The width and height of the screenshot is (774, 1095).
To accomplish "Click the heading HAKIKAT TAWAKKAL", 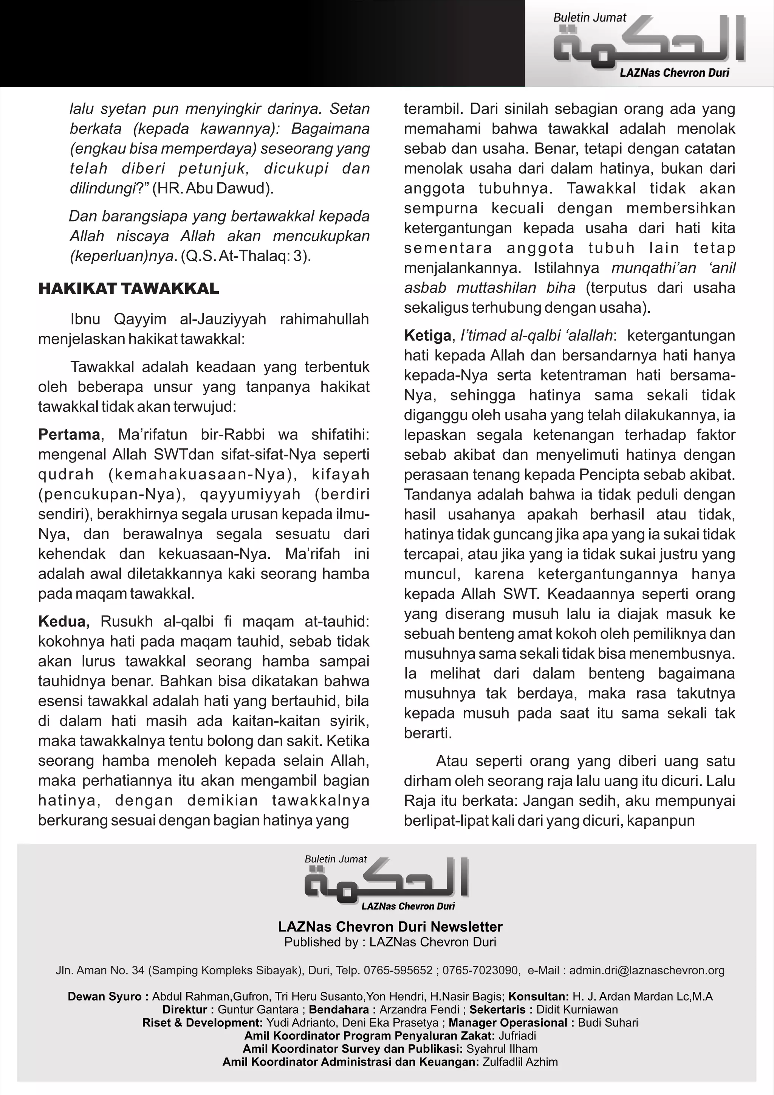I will point(128,288).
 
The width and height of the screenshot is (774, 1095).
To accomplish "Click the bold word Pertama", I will point(69,434).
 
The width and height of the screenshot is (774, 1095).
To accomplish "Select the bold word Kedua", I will point(63,622).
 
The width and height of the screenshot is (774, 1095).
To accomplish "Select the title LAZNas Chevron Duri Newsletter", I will point(390,927).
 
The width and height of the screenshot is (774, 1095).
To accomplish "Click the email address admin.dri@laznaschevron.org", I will point(647,970).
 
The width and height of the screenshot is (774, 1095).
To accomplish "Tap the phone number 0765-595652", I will point(398,970).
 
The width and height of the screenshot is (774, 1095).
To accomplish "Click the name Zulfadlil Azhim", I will point(520,1062).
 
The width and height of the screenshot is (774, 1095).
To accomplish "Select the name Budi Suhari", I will point(608,1022).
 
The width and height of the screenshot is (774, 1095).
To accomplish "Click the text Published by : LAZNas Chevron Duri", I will point(390,942).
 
